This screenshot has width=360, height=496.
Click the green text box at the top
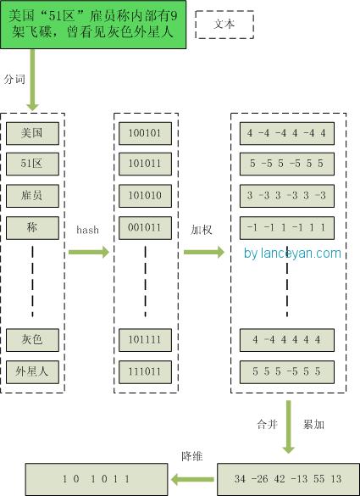tap(93, 24)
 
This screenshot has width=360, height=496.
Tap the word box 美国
tap(32, 133)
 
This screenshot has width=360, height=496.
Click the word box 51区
tap(32, 164)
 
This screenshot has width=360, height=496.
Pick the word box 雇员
tap(32, 195)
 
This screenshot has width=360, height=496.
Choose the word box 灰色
tap(32, 340)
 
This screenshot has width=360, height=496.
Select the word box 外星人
tap(32, 371)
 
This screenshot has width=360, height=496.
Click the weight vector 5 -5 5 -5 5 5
tap(287, 164)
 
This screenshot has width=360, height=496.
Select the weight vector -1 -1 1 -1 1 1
tap(287, 227)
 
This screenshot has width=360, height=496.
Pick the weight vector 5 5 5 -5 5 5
tap(287, 371)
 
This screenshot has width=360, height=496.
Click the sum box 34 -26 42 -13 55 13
tap(288, 479)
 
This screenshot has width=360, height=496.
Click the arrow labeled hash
tap(88, 252)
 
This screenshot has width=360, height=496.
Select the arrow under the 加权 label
tap(203, 252)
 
